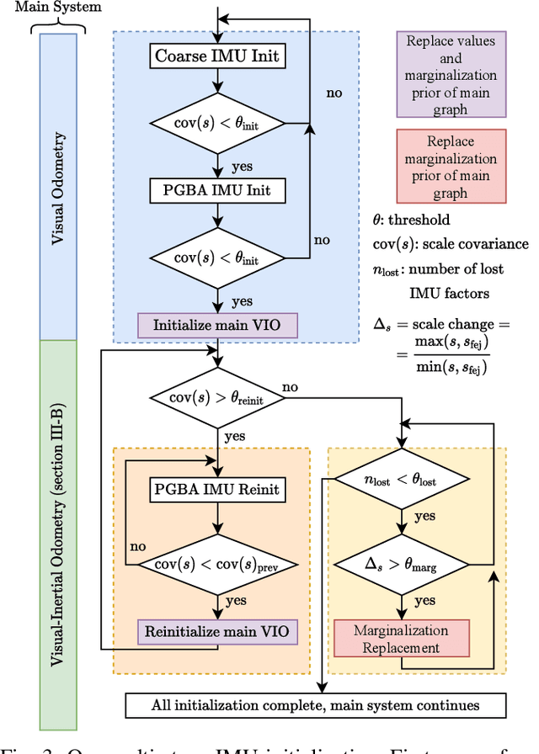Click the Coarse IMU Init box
pyautogui.click(x=218, y=57)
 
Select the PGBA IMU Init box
pyautogui.click(x=218, y=190)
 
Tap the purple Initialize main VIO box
pyautogui.click(x=218, y=324)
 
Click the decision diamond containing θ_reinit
pyautogui.click(x=218, y=396)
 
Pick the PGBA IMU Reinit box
pyautogui.click(x=218, y=487)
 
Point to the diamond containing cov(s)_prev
pyautogui.click(x=218, y=564)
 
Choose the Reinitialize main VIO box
pyautogui.click(x=218, y=630)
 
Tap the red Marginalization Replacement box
pyautogui.click(x=401, y=639)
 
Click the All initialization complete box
pyautogui.click(x=315, y=705)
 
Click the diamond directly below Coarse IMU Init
pyautogui.click(x=218, y=124)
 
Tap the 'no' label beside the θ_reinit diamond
pyautogui.click(x=291, y=386)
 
